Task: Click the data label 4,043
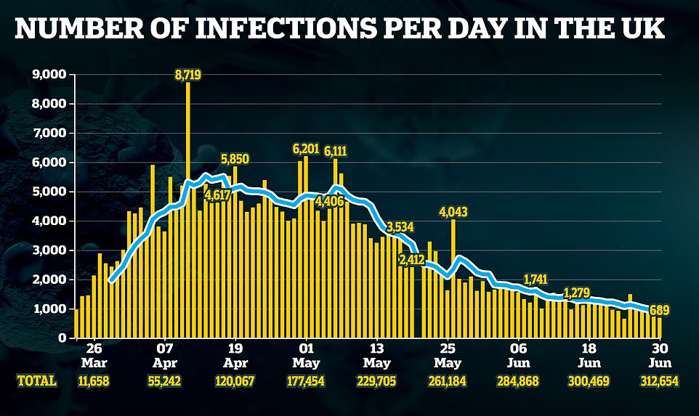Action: (x=453, y=213)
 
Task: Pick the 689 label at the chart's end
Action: (x=660, y=311)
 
